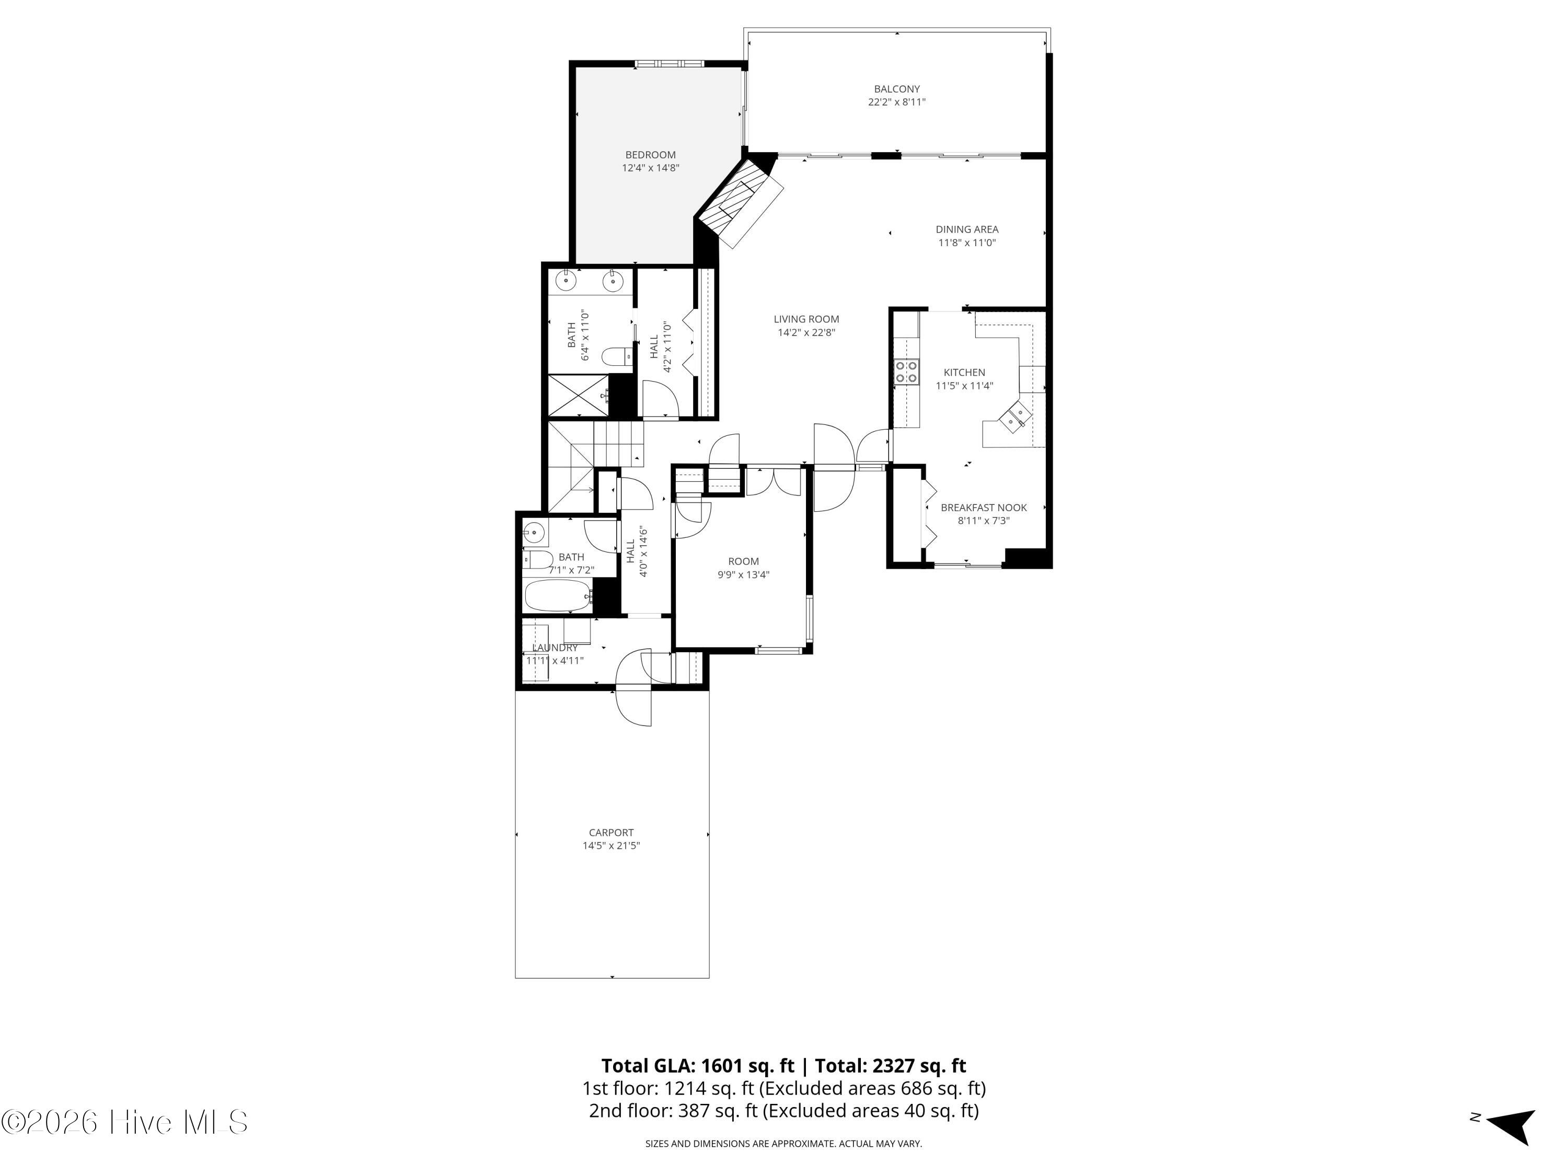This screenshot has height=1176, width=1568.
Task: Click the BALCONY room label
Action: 897,89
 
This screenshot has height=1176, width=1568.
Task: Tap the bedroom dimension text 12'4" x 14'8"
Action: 651,168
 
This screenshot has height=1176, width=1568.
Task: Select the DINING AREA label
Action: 967,229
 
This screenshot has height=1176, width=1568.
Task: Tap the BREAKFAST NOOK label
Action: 983,508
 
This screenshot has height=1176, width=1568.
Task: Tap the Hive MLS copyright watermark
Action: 125,1122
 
